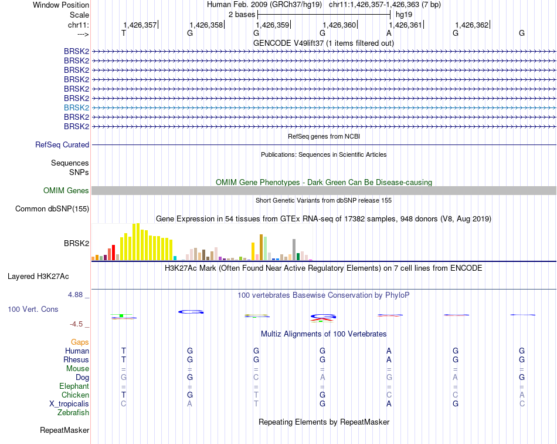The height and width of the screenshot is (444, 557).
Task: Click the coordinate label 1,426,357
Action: pyautogui.click(x=140, y=25)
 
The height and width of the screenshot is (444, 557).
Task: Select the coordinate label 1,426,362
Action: pyautogui.click(x=471, y=25)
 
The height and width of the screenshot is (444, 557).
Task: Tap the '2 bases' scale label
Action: pyautogui.click(x=241, y=14)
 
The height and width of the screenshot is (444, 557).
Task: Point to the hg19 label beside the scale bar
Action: pyautogui.click(x=404, y=14)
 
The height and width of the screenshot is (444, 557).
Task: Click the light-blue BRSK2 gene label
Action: pyautogui.click(x=76, y=107)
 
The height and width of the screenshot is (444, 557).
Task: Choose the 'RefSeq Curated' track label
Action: pyautogui.click(x=62, y=144)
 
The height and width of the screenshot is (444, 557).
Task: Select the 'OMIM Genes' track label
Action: pyautogui.click(x=66, y=190)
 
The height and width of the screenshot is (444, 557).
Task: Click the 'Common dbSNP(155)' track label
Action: pyautogui.click(x=52, y=208)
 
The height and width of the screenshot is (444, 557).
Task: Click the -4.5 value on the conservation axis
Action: pyautogui.click(x=76, y=324)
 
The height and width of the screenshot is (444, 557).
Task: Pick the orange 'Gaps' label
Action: pyautogui.click(x=80, y=342)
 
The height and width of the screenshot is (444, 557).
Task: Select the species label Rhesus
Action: pyautogui.click(x=76, y=359)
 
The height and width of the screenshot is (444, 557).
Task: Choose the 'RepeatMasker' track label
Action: pyautogui.click(x=64, y=430)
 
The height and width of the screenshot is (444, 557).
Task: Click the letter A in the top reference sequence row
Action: pyautogui.click(x=389, y=33)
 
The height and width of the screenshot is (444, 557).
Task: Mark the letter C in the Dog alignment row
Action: pyautogui.click(x=256, y=377)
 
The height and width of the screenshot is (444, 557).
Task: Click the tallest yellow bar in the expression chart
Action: pyautogui.click(x=137, y=241)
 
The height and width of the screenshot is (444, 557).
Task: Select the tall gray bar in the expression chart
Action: pyautogui.click(x=294, y=249)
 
